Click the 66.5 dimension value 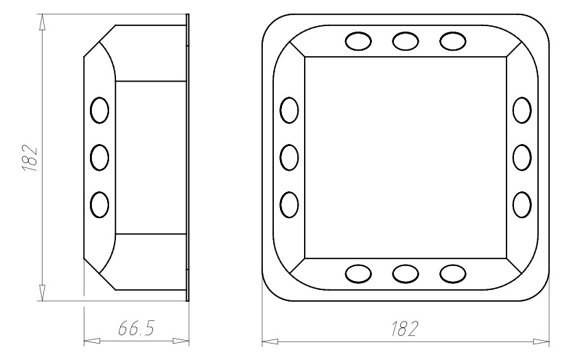click(x=136, y=328)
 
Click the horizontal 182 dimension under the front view click(x=404, y=328)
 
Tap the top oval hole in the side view click(x=100, y=110)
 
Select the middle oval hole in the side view click(x=100, y=158)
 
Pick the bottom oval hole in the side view click(x=100, y=205)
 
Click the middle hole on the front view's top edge click(x=406, y=41)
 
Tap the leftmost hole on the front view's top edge click(x=358, y=41)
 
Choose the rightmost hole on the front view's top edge click(x=453, y=41)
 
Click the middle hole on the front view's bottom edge click(x=406, y=274)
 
